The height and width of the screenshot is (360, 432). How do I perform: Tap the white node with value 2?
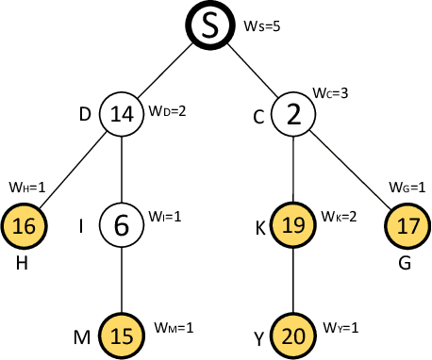click(293, 114)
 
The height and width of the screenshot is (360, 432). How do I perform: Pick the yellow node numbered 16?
click(25, 226)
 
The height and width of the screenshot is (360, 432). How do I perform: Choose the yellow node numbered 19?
click(293, 226)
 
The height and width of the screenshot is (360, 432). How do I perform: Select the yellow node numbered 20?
click(293, 335)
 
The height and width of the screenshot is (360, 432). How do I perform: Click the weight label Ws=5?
click(262, 25)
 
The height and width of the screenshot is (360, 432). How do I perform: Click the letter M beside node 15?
click(83, 336)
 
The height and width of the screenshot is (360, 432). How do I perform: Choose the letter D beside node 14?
click(86, 114)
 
